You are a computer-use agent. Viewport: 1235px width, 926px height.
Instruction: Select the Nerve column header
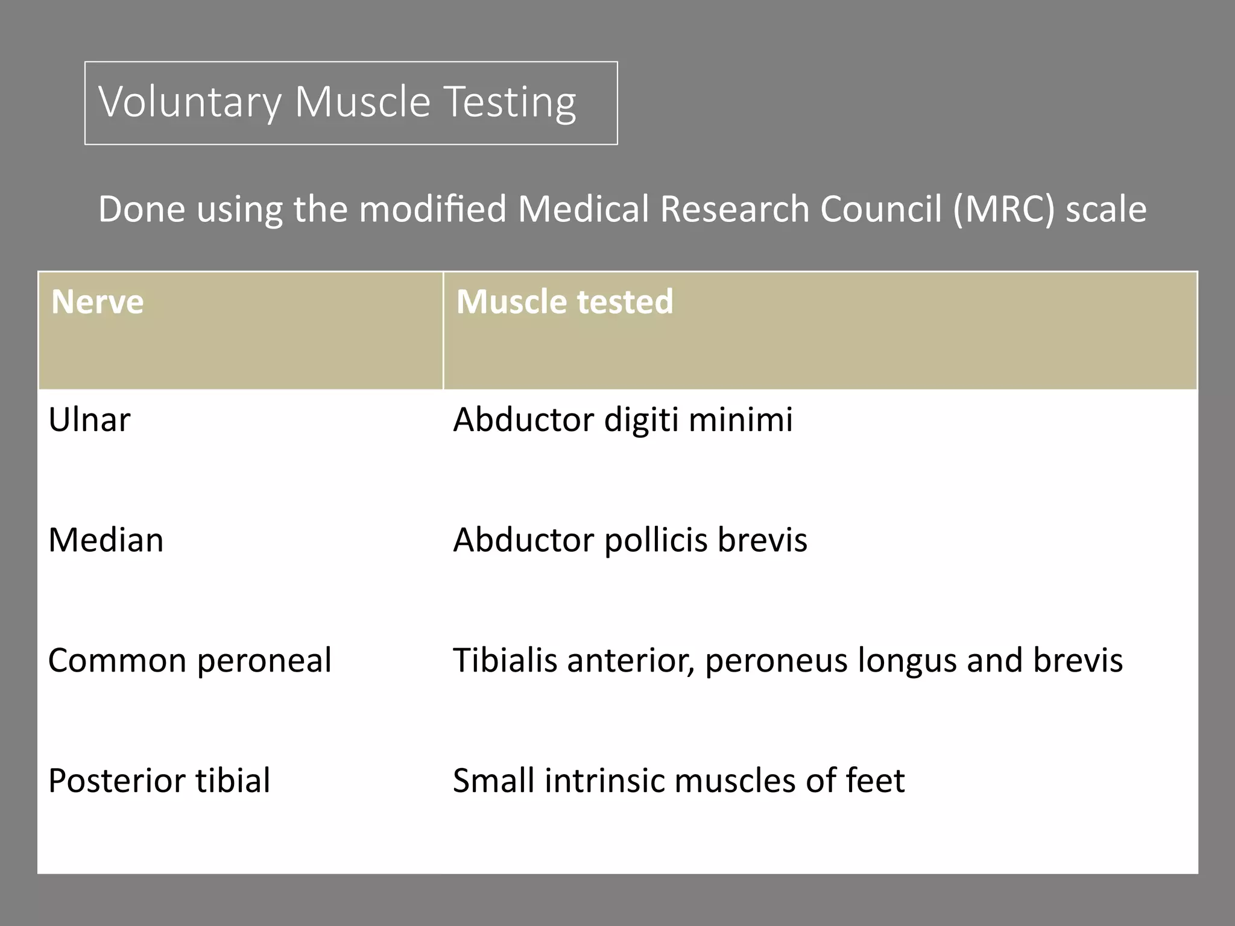coord(97,301)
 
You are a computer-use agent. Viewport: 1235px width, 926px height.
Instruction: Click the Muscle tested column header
coord(564,301)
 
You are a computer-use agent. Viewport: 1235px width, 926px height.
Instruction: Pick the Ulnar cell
coord(89,420)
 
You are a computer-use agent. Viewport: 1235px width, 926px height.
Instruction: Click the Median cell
coord(106,540)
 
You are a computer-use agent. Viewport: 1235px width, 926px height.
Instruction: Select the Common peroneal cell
coord(189,660)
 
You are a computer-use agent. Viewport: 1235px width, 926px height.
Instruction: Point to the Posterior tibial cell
coord(159,780)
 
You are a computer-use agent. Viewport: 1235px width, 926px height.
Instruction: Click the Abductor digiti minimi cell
coord(622,420)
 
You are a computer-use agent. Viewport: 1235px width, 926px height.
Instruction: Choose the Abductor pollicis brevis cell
coord(630,540)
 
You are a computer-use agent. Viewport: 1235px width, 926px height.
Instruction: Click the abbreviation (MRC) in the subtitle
coord(1004,209)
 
